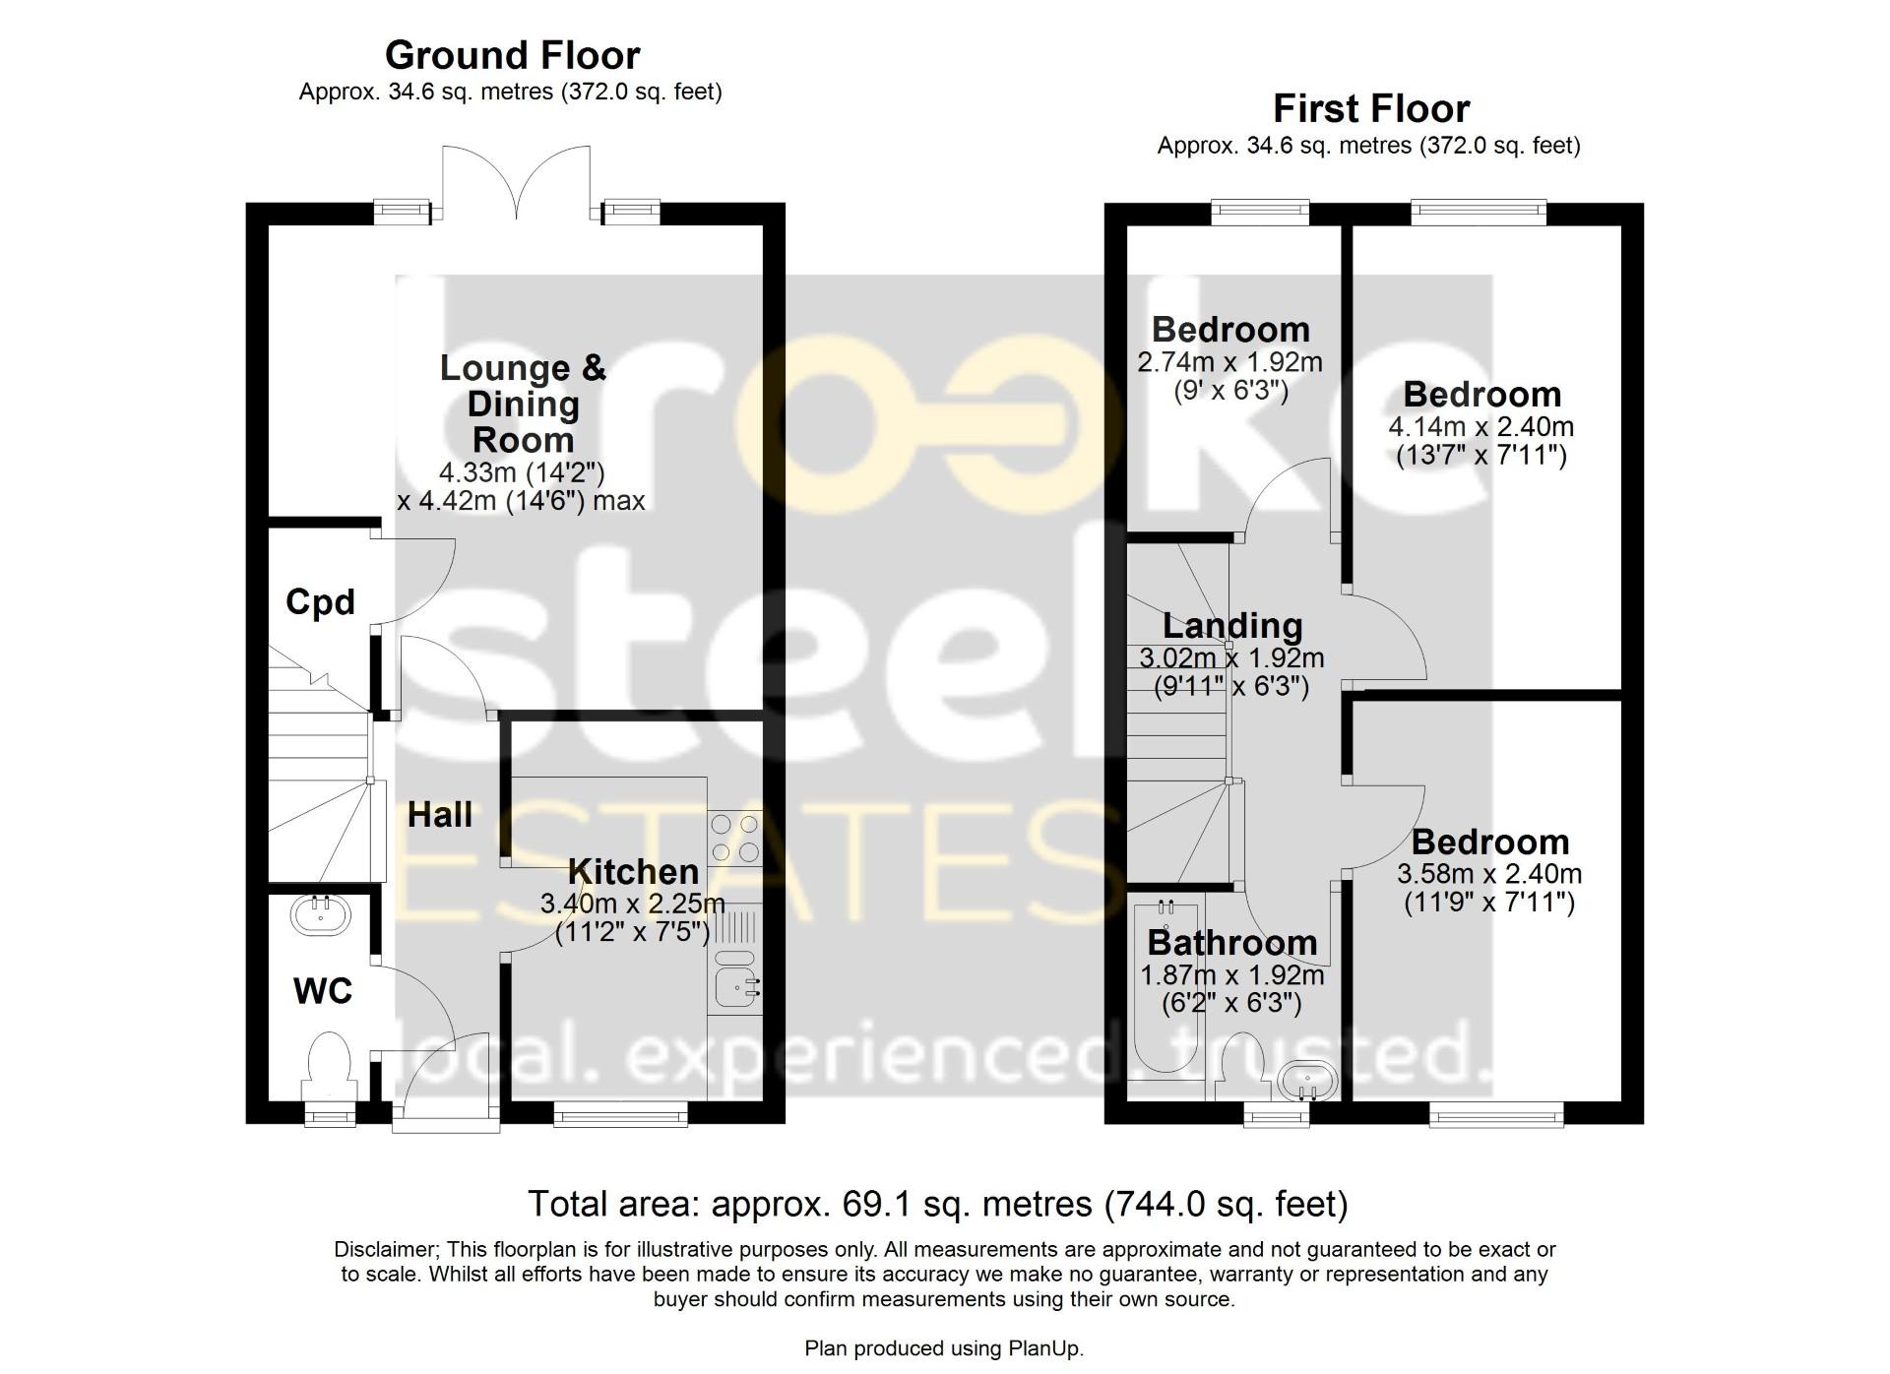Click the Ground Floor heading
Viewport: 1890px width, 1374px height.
(512, 55)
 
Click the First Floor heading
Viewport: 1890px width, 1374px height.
(1371, 108)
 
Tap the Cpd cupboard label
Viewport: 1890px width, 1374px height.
(320, 601)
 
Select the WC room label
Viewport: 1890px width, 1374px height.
(323, 991)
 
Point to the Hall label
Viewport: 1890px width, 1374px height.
(440, 815)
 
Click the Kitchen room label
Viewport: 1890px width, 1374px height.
(634, 871)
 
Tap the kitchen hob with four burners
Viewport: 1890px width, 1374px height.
(734, 838)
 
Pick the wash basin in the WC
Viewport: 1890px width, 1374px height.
(320, 914)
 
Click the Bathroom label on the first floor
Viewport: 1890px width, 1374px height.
(1232, 943)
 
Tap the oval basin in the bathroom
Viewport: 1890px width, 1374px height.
(1307, 1083)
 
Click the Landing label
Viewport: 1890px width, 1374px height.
(1232, 625)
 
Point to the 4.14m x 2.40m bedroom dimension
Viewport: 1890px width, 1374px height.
(1481, 427)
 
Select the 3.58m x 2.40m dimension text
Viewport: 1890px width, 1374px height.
(1489, 874)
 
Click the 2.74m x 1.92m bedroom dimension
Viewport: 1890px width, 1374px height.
(1230, 362)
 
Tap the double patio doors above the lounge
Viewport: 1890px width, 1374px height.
(516, 183)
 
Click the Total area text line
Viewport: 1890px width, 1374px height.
(938, 1204)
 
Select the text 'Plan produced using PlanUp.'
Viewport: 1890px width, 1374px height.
(944, 1348)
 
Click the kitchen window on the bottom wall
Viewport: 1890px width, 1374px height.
(620, 1112)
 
